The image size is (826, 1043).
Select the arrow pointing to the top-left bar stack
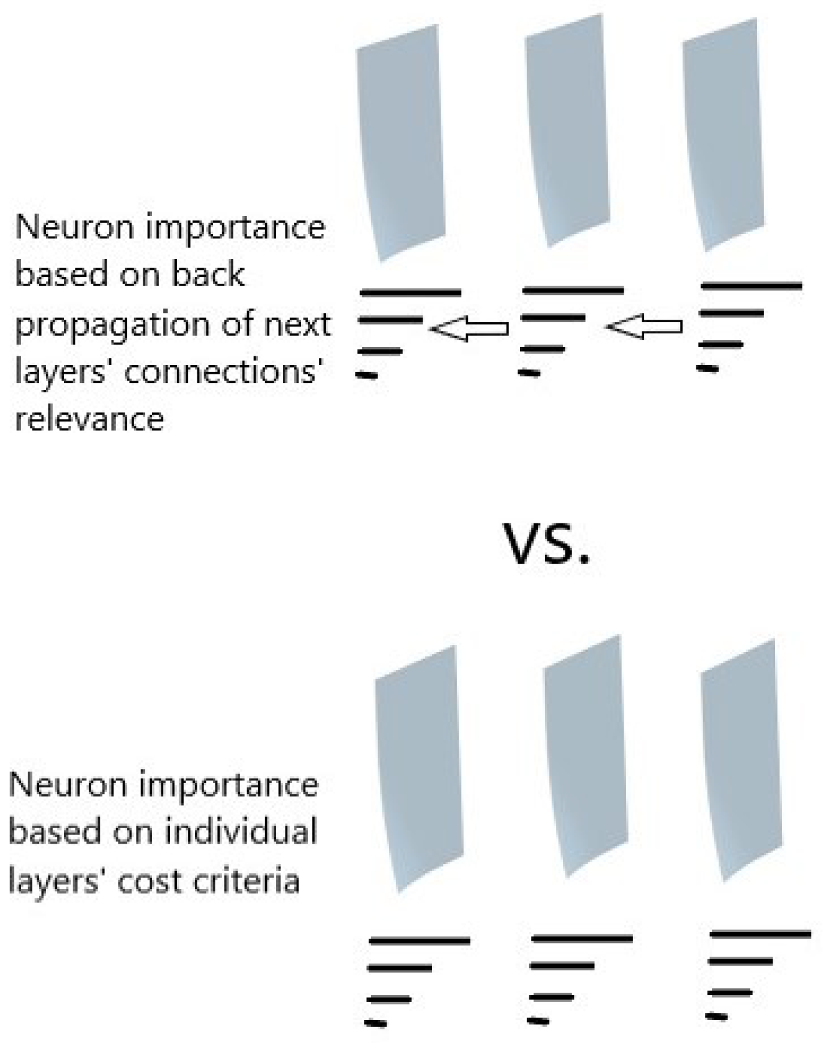click(x=469, y=328)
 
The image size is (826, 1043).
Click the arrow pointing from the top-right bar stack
click(x=645, y=327)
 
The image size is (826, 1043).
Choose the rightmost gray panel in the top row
click(x=722, y=133)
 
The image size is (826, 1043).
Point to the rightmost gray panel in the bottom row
click(x=740, y=761)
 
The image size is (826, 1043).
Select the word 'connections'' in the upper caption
click(x=226, y=372)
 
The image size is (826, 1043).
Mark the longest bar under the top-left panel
click(x=411, y=292)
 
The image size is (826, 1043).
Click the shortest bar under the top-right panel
click(x=707, y=369)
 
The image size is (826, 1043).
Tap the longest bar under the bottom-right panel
click(x=760, y=934)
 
